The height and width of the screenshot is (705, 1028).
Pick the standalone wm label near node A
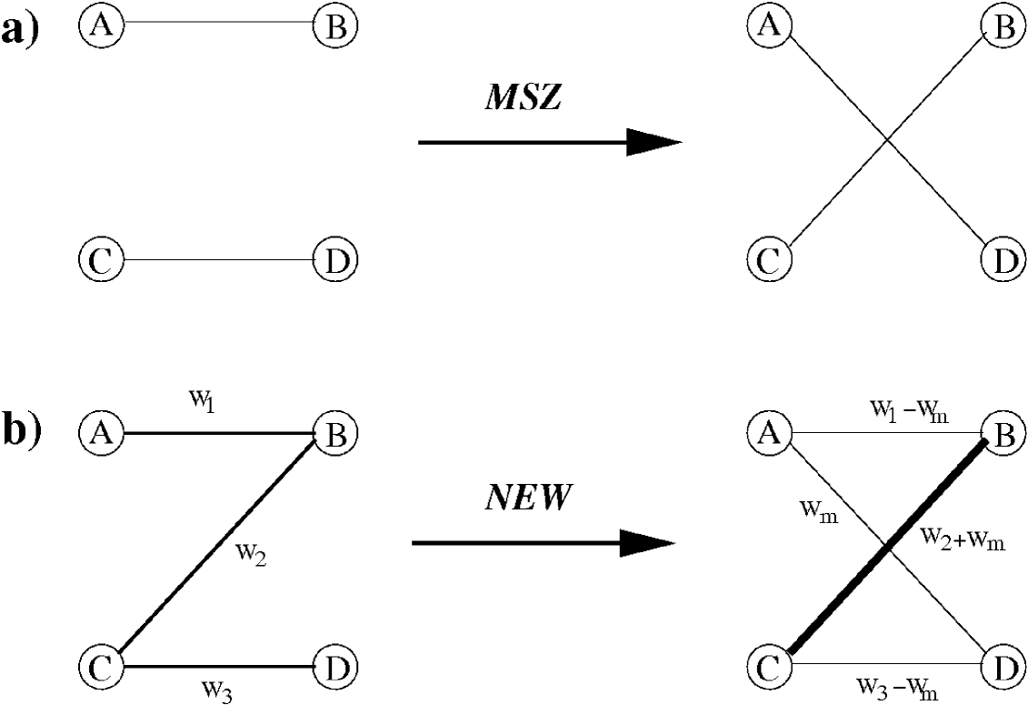[818, 517]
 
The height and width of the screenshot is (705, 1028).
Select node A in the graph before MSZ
[102, 26]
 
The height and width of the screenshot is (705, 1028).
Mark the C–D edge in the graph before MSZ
[218, 261]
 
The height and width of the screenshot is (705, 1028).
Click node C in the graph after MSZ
[769, 261]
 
